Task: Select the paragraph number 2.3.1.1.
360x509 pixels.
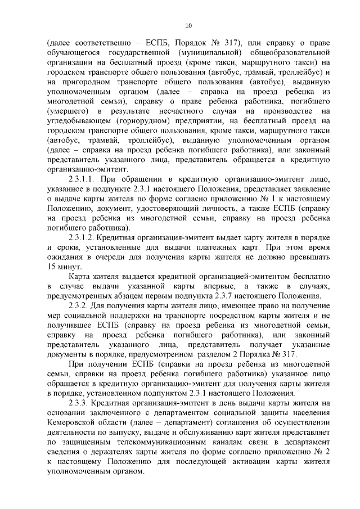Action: tap(84, 180)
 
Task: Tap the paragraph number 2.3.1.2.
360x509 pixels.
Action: tap(84, 238)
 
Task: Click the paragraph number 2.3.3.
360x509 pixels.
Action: tap(80, 403)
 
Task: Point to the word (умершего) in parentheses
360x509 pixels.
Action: tap(69, 112)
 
